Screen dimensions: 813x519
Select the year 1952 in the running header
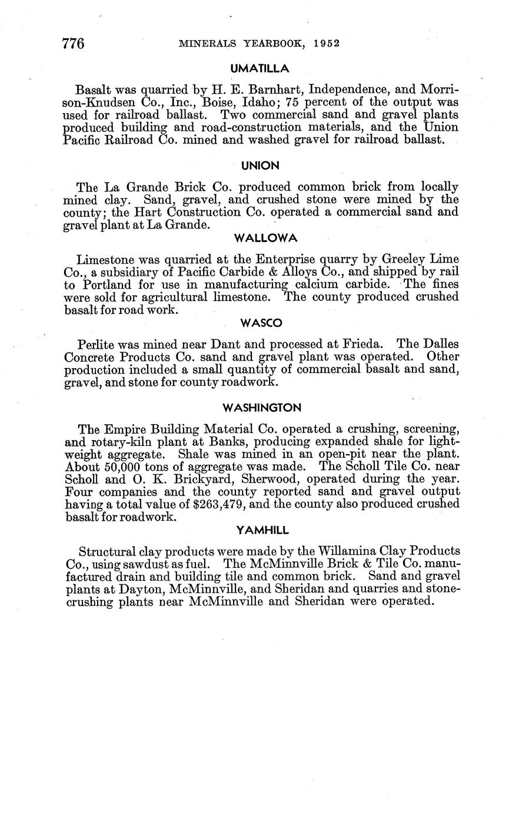[327, 44]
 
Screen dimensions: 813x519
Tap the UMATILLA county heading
[259, 69]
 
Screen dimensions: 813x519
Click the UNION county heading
[259, 166]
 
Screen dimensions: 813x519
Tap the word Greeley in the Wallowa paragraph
[406, 260]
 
